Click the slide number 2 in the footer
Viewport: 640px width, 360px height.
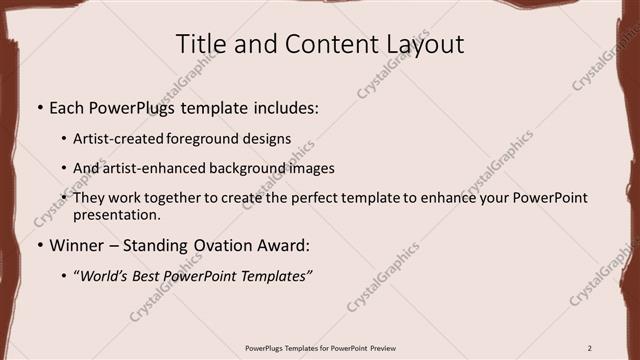pos(590,348)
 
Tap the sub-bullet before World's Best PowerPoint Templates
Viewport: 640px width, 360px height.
pos(66,276)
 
